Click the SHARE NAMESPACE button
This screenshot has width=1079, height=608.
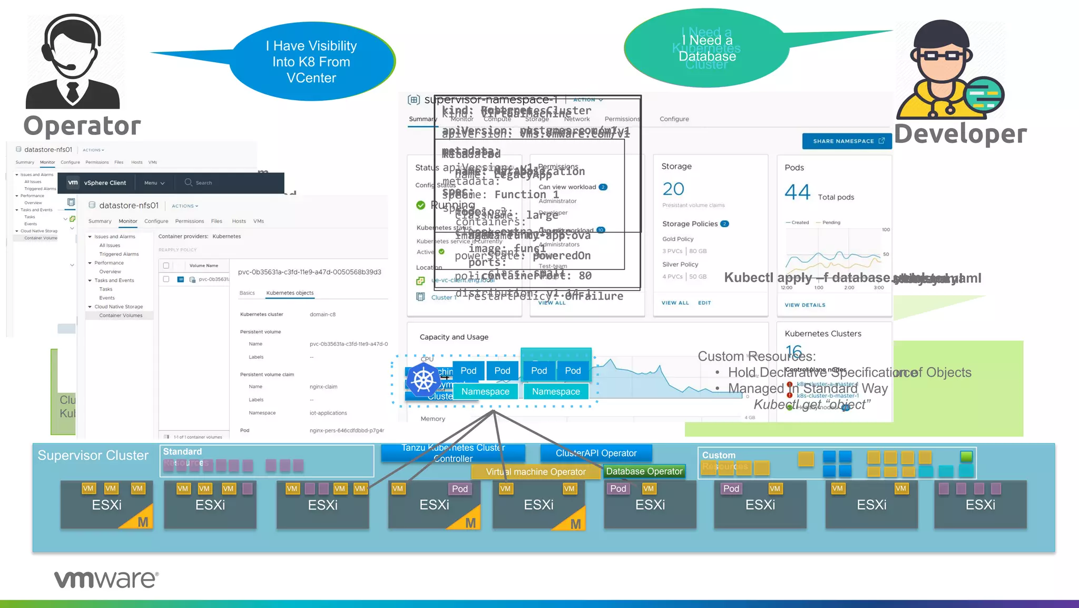[x=847, y=141]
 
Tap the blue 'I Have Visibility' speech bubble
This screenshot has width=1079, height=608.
[x=312, y=62]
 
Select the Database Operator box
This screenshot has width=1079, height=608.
[x=644, y=471]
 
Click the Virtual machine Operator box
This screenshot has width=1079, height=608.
[x=535, y=472]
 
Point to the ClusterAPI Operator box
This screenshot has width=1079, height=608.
[x=596, y=453]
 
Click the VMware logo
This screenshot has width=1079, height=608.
[x=106, y=579]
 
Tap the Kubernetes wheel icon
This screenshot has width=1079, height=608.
[x=424, y=380]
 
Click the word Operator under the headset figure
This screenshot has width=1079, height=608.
[x=82, y=126]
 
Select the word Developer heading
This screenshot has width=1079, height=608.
[x=960, y=134]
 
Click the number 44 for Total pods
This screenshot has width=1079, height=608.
[x=797, y=192]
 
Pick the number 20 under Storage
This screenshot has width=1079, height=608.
[x=673, y=189]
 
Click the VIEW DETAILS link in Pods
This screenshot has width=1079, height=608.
[x=805, y=305]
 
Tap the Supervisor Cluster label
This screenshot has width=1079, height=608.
[x=93, y=456]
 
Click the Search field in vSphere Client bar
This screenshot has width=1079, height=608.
[x=203, y=183]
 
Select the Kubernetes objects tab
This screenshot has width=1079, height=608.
[x=290, y=293]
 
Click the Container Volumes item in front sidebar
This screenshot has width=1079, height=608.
[x=121, y=315]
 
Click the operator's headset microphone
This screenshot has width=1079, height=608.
[x=70, y=67]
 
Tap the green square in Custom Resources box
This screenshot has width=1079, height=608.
[x=966, y=456]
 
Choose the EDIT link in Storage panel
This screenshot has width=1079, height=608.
[x=704, y=303]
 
